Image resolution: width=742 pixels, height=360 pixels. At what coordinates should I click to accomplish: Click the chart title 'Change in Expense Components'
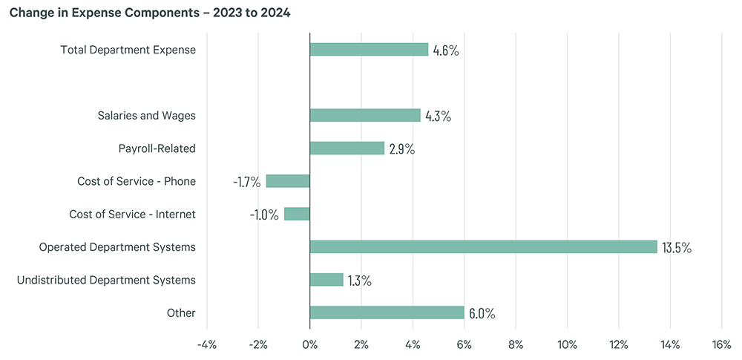(149, 13)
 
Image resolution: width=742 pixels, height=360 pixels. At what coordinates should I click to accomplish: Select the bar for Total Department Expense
(369, 50)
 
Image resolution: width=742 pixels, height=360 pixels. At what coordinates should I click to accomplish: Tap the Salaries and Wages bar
(365, 116)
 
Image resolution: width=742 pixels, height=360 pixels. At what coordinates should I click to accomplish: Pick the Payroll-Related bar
(347, 148)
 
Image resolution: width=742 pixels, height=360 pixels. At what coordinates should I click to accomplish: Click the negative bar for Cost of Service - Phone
(288, 181)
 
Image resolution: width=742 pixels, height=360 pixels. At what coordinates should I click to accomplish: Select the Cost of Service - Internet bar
(297, 214)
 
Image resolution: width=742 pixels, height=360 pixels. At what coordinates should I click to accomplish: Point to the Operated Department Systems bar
(483, 246)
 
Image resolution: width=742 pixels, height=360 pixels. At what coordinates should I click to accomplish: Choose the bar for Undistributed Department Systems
(326, 280)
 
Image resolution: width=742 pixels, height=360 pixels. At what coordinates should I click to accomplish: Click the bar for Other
(387, 312)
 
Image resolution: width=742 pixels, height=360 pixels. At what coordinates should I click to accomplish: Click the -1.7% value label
(246, 182)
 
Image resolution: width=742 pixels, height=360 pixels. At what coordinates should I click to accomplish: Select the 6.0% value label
(482, 313)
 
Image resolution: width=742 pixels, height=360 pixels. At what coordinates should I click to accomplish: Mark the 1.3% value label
(360, 281)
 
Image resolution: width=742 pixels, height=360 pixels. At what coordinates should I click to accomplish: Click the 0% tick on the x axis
(310, 344)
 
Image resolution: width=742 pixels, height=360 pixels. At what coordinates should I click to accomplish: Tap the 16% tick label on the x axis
(721, 344)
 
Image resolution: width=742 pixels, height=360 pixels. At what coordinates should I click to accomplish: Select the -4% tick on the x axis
(206, 344)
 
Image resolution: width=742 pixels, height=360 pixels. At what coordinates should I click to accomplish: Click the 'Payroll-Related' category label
(157, 148)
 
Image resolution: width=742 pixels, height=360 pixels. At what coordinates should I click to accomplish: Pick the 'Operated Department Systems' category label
(117, 246)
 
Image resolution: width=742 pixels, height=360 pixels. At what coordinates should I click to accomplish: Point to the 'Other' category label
(181, 312)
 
